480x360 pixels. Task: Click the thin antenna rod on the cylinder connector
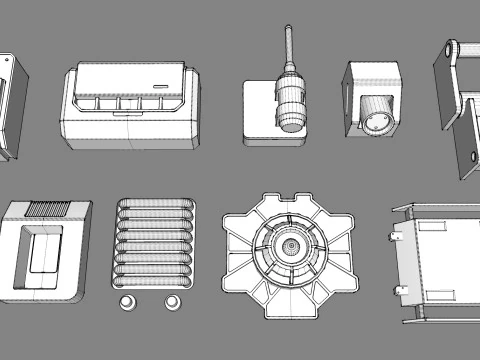(x=289, y=46)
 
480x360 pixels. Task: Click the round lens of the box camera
(x=380, y=122)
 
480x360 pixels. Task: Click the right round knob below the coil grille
(x=172, y=301)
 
